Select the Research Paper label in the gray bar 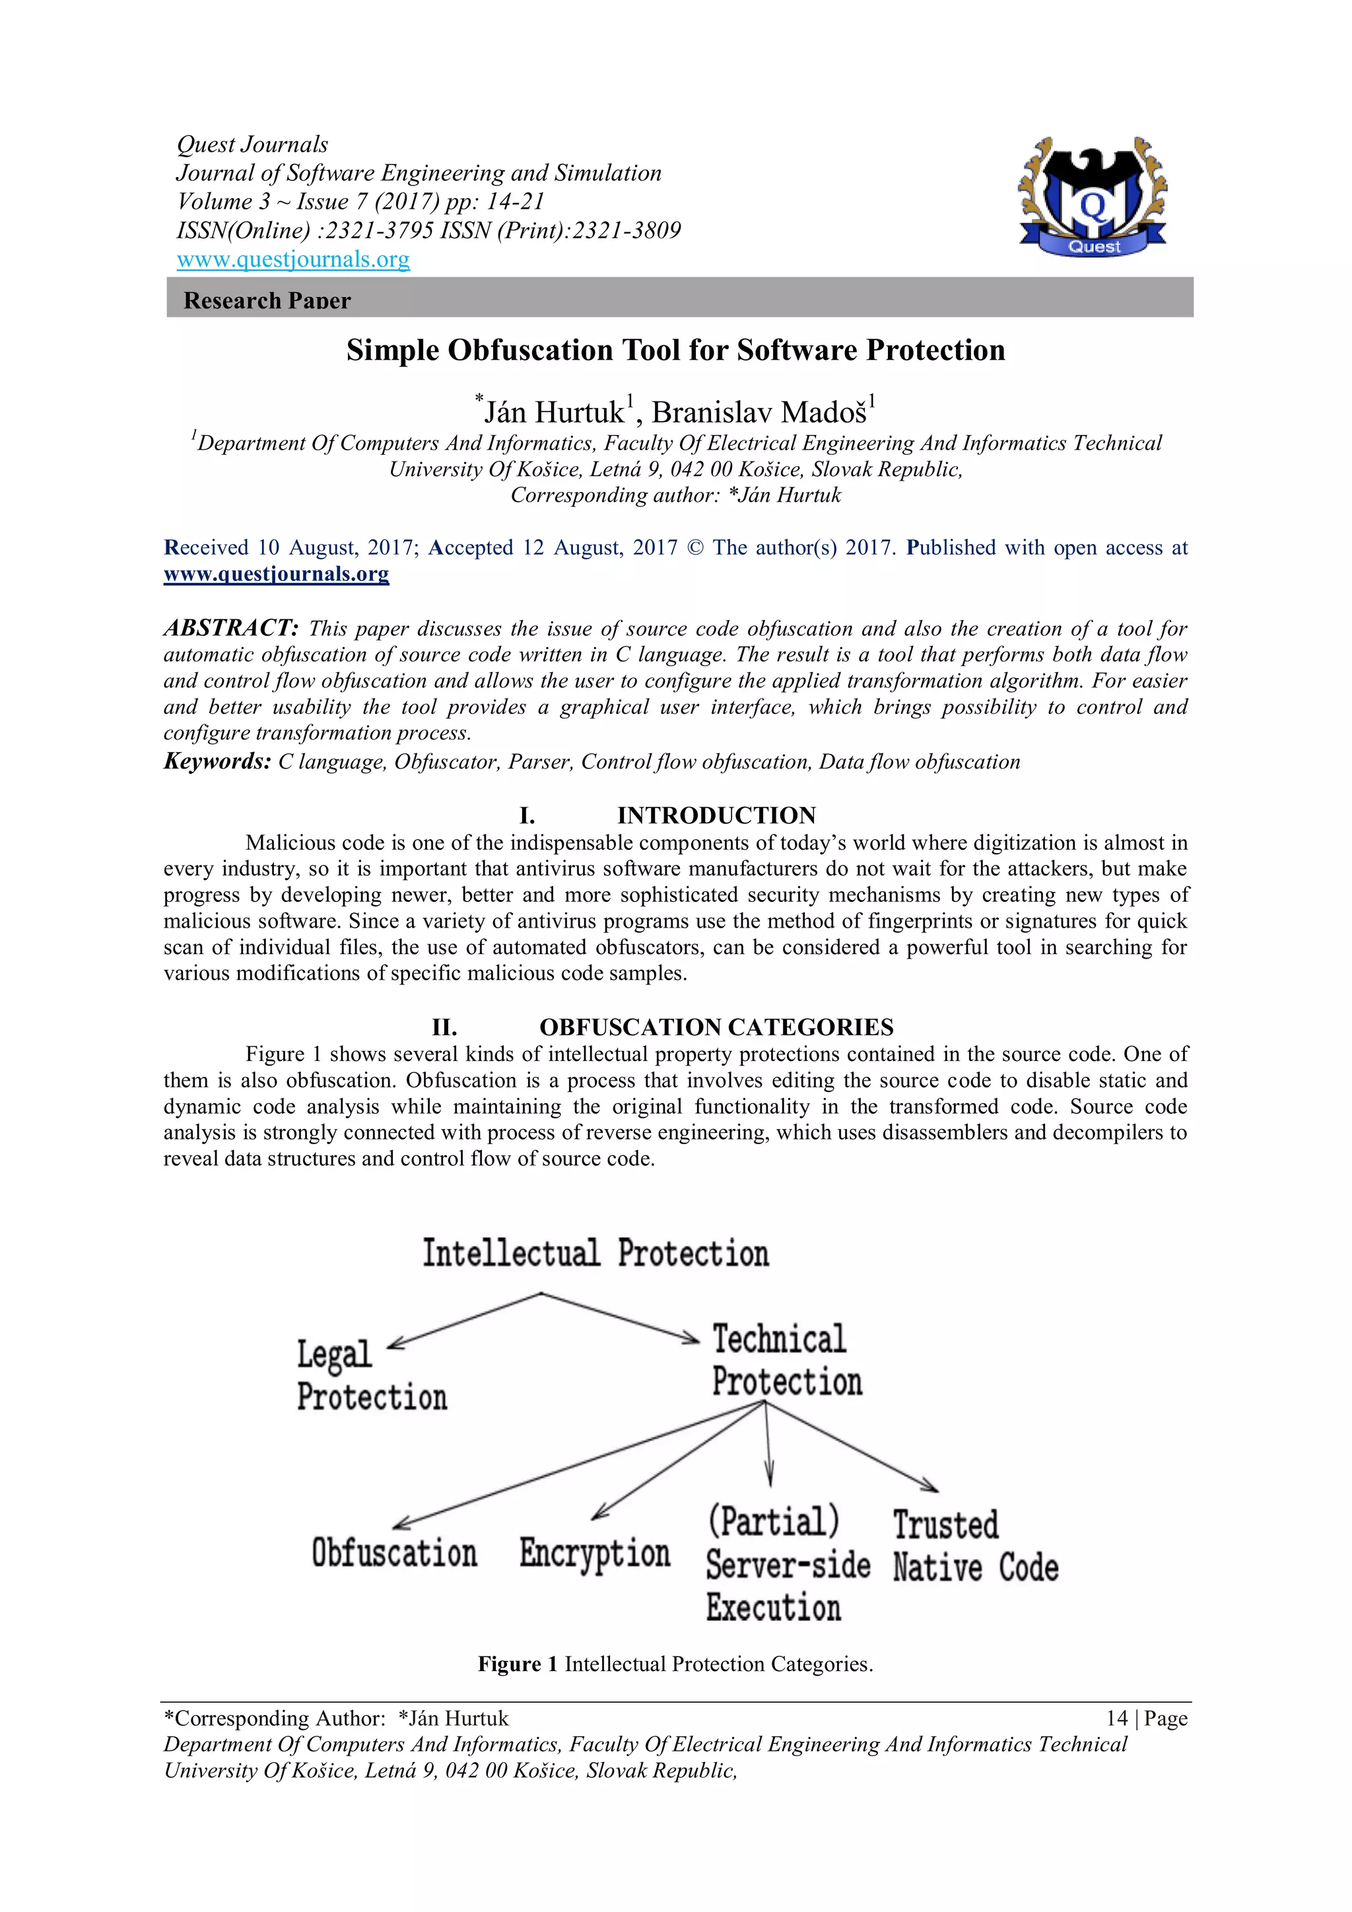(267, 300)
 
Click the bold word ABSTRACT (230, 628)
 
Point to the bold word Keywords (217, 761)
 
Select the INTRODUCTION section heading (716, 815)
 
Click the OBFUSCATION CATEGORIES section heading (716, 1027)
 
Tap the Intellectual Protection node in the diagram (595, 1253)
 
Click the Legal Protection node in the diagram (371, 1376)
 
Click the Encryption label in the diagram (594, 1553)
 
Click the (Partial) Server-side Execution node (787, 1564)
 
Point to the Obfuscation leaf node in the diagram (393, 1553)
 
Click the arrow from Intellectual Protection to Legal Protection (466, 1320)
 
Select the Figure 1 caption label (517, 1664)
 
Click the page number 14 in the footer (1116, 1718)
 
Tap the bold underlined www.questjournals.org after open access (277, 574)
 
